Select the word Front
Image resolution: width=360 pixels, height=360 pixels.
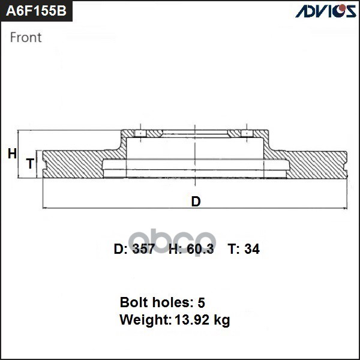click(26, 37)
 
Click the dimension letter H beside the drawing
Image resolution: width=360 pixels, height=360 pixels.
click(12, 154)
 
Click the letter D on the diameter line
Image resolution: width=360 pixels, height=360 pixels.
click(196, 202)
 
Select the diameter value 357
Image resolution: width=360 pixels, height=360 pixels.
click(143, 250)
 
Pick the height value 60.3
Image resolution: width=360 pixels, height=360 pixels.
click(200, 250)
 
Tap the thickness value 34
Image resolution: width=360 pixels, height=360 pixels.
click(252, 250)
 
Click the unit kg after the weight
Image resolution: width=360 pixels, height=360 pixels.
click(222, 320)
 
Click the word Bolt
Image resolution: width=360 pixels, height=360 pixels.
click(133, 302)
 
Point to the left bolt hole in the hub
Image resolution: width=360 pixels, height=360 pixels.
click(139, 133)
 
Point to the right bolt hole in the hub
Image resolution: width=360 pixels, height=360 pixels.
click(245, 133)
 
